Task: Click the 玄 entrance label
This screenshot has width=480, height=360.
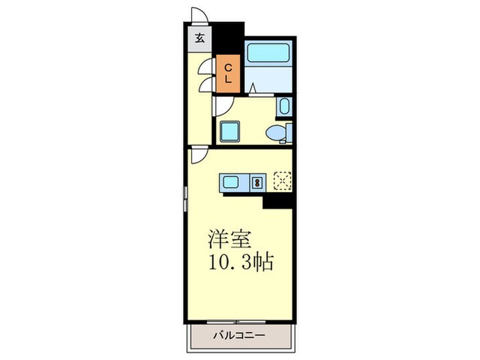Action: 199,38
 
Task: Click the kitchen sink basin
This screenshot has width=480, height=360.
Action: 231,182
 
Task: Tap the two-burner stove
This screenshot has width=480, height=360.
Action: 257,182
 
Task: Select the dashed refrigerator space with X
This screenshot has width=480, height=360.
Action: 283,180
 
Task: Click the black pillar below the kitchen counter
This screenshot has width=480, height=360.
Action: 278,200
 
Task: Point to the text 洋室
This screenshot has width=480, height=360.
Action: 230,240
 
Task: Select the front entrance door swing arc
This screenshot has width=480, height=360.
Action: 200,15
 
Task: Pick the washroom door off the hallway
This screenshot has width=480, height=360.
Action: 224,104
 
